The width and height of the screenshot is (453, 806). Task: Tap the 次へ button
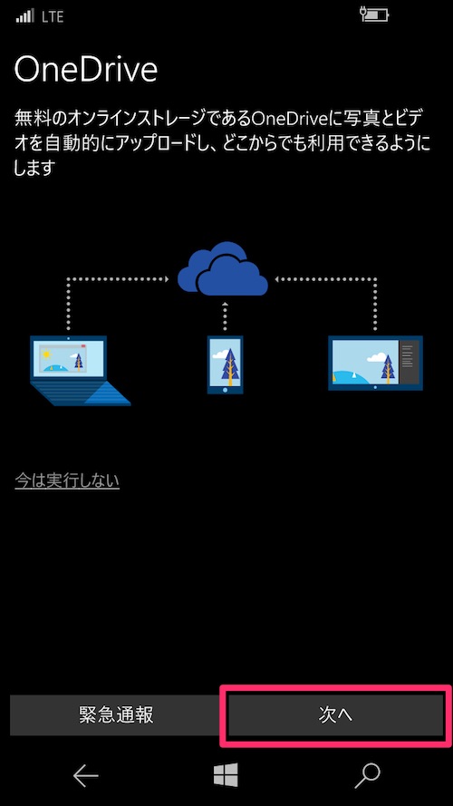pyautogui.click(x=335, y=715)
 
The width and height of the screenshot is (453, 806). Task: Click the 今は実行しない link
pyautogui.click(x=67, y=481)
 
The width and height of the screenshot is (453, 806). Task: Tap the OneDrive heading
pyautogui.click(x=85, y=70)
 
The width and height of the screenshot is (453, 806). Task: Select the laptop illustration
pyautogui.click(x=80, y=370)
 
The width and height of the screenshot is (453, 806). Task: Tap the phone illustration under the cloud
pyautogui.click(x=225, y=364)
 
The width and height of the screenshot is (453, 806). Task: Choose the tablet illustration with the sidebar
pyautogui.click(x=375, y=363)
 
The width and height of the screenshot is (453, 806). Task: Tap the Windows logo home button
pyautogui.click(x=226, y=774)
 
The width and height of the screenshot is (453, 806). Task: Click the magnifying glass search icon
pyautogui.click(x=368, y=775)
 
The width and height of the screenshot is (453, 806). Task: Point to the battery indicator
pyautogui.click(x=375, y=15)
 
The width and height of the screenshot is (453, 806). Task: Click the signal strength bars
pyautogui.click(x=24, y=16)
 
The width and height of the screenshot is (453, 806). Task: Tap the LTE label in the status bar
pyautogui.click(x=53, y=17)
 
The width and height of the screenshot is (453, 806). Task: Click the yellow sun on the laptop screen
pyautogui.click(x=47, y=354)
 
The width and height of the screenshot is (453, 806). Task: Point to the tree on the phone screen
pyautogui.click(x=229, y=367)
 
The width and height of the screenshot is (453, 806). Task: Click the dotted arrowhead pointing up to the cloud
pyautogui.click(x=225, y=306)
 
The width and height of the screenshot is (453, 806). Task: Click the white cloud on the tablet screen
pyautogui.click(x=377, y=356)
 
